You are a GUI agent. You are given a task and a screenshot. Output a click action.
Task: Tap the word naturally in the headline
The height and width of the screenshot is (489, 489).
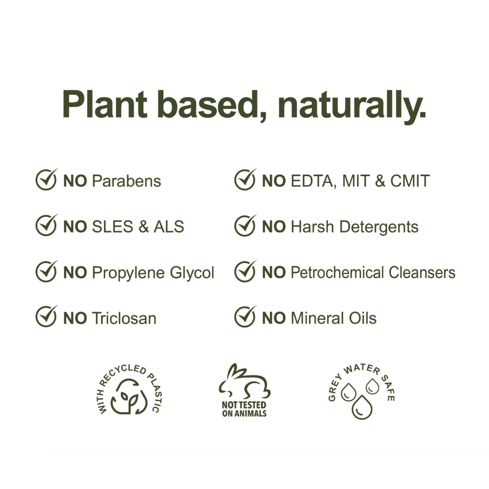coord(352,107)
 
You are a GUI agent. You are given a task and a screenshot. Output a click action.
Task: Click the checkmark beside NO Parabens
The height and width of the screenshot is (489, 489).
coord(46,180)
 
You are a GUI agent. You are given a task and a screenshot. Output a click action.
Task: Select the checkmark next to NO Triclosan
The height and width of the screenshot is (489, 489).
coord(46,316)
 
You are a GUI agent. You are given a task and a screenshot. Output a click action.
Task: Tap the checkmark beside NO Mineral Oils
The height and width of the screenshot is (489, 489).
coord(245,316)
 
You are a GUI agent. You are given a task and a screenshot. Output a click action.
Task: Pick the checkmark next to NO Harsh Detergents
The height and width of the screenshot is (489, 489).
coord(245,225)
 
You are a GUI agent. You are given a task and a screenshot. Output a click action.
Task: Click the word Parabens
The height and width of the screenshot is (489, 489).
coord(126,181)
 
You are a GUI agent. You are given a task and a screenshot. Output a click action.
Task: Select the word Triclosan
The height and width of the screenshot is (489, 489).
coord(124,319)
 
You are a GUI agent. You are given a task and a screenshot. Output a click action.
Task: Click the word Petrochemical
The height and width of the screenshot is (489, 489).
coord(337,273)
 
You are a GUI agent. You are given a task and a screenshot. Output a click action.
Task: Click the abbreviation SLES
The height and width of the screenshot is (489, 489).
coord(113,227)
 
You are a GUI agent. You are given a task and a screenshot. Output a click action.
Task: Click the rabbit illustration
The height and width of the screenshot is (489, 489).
coord(244,382)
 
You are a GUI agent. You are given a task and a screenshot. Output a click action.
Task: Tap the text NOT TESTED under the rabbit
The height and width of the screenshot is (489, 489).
coord(244,405)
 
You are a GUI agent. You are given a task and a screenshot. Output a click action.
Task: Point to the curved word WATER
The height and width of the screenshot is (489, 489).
coord(362,369)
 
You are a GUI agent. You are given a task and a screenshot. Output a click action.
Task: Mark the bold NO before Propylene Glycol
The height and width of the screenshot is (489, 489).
coord(75,273)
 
